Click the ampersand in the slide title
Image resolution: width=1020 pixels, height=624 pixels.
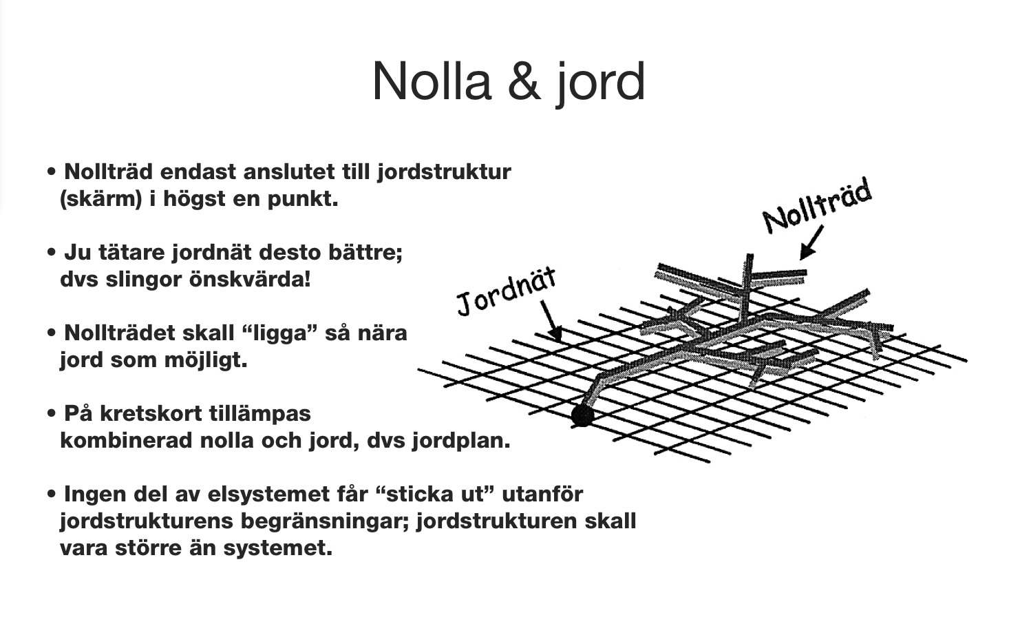pos(524,82)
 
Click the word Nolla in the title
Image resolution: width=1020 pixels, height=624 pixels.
pos(432,81)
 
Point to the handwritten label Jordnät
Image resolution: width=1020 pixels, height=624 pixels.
pos(507,292)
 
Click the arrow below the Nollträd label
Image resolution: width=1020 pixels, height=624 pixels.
pos(811,243)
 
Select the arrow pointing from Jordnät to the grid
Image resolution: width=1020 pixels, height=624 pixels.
pos(551,322)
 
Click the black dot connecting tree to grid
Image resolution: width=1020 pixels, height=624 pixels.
pos(582,415)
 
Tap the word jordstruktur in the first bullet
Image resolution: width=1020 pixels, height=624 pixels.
pos(444,172)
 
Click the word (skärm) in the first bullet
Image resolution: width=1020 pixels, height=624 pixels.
pos(101,199)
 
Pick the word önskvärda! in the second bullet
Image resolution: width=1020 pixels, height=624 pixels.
pos(250,279)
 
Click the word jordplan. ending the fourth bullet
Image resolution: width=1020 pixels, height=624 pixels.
pos(461,441)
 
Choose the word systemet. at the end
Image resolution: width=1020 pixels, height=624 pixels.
pos(278,548)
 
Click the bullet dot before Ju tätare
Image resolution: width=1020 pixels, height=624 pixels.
pos(52,252)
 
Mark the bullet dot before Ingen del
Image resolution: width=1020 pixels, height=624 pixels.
pos(52,494)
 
